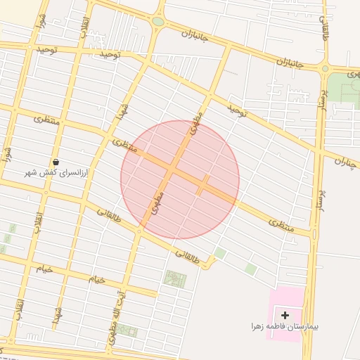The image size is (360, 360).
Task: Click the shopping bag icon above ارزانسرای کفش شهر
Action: coord(56,162)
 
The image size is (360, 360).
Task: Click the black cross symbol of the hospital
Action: coord(285,314)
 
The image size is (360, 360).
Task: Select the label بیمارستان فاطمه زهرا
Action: coord(284,326)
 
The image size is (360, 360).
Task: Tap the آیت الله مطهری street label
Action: coord(116,316)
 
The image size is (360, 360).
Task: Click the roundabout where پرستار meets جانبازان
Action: coord(325,68)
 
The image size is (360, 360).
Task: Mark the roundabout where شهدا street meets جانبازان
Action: coord(157,22)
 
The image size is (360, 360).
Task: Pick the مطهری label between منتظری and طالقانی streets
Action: coord(157,202)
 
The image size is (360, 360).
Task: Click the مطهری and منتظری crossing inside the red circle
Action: coord(172,169)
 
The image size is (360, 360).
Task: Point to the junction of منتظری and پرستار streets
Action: coord(312,233)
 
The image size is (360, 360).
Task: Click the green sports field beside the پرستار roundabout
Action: coord(344,88)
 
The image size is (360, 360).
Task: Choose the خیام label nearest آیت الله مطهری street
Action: coord(97,279)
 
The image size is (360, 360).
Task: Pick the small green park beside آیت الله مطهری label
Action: coord(127,329)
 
